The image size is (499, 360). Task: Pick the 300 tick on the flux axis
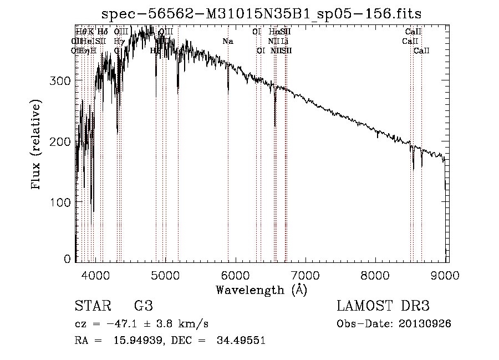(x=61, y=81)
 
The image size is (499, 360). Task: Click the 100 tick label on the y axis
(x=61, y=202)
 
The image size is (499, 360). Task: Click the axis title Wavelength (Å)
(x=261, y=290)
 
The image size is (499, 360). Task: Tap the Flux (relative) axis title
(x=37, y=145)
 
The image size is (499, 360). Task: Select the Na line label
(x=228, y=42)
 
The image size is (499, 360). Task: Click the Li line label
(x=284, y=42)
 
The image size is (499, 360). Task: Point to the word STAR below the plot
(x=93, y=306)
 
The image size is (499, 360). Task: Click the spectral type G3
(x=143, y=306)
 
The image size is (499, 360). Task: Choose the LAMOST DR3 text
(x=383, y=306)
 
